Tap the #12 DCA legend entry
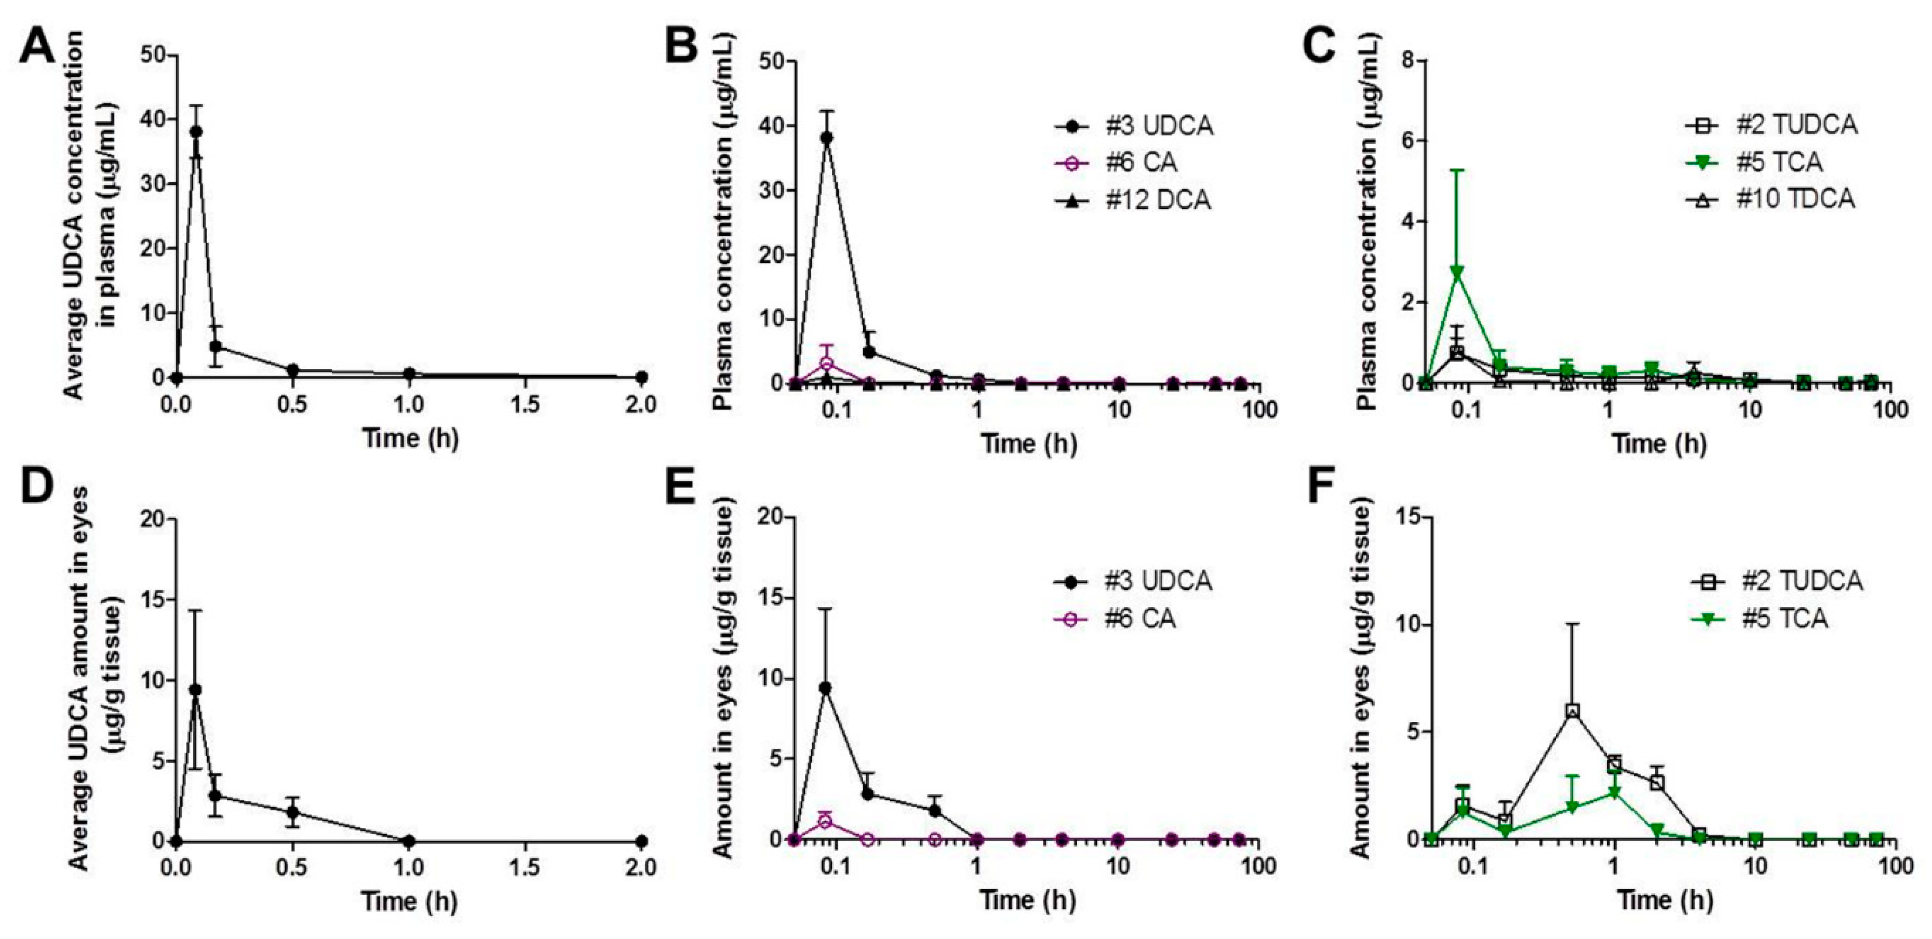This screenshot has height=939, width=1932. (1133, 200)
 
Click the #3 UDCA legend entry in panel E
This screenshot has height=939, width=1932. (1133, 581)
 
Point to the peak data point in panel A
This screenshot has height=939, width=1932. (196, 131)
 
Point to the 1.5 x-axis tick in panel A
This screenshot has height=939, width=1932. (525, 406)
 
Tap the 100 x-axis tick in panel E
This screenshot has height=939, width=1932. (1258, 867)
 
